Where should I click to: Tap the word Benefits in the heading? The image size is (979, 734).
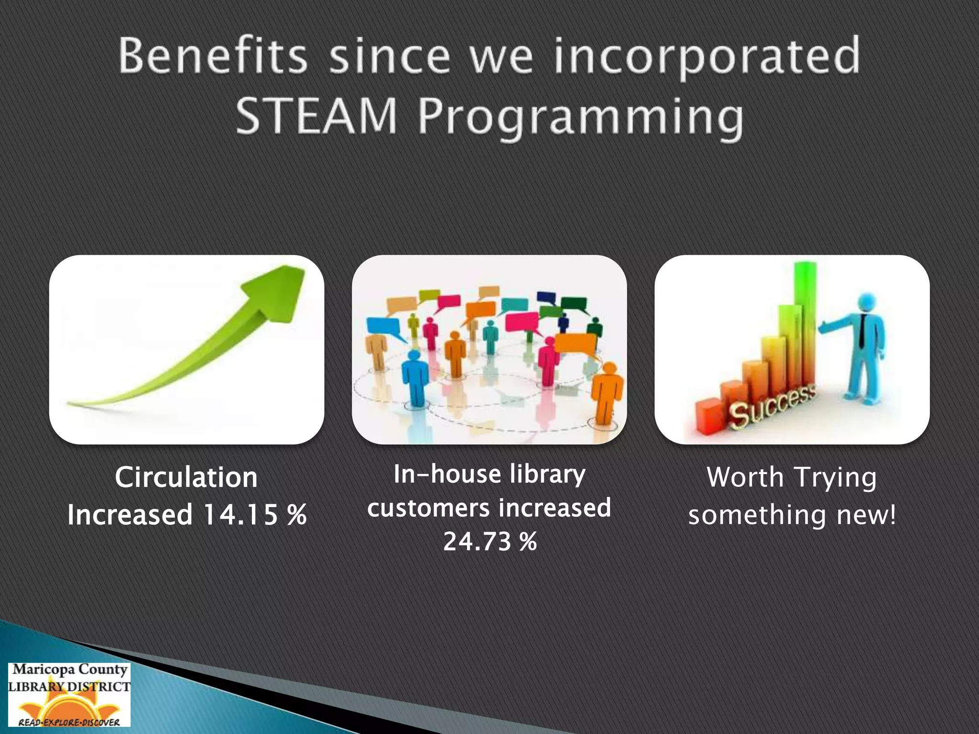(212, 56)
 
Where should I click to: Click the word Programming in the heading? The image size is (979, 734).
(580, 118)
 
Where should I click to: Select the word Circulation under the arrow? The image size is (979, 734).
(186, 477)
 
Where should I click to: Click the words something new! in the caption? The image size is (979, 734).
(792, 515)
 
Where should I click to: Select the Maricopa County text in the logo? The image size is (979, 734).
(70, 669)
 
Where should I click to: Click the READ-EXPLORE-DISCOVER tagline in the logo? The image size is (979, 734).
(69, 722)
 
